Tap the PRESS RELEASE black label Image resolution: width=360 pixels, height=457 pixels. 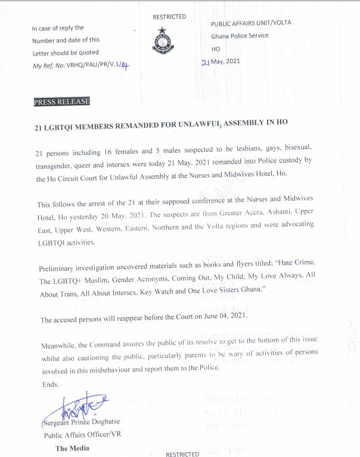pos(62,102)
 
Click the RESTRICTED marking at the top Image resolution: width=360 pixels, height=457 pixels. pos(169,17)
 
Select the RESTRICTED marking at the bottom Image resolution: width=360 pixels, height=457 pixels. pos(182,453)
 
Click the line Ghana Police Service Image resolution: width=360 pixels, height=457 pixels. pos(240,36)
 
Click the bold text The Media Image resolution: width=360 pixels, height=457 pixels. pos(72,447)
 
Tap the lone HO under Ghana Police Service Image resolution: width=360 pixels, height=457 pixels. pos(216,49)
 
